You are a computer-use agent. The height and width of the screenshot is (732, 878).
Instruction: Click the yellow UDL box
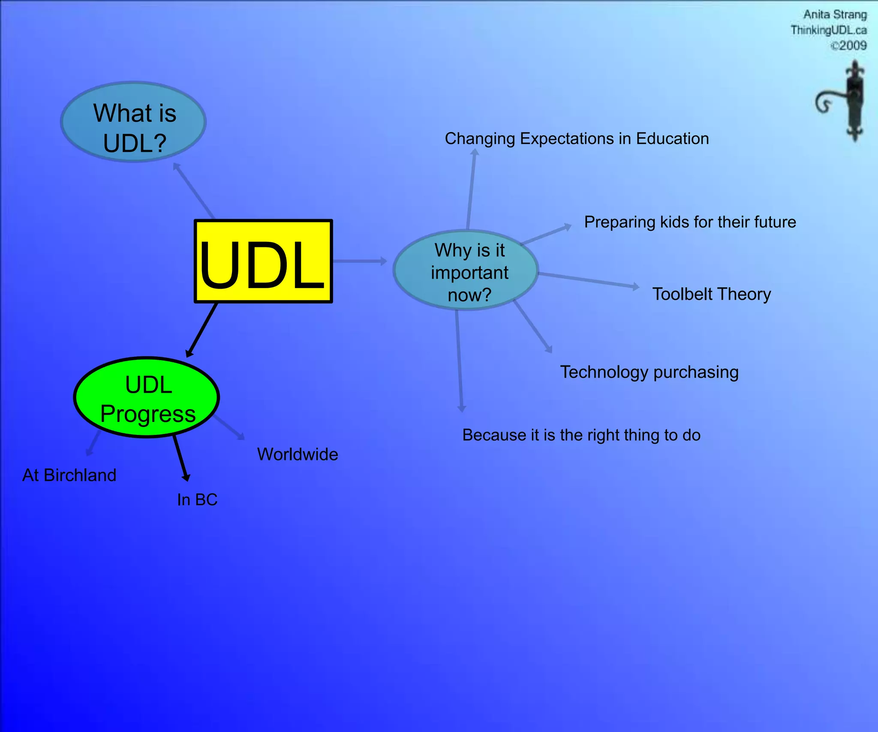pyautogui.click(x=263, y=261)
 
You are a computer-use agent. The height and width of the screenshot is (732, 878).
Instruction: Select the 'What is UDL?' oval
pyautogui.click(x=133, y=122)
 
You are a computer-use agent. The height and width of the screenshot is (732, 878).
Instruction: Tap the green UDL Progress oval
pyautogui.click(x=147, y=398)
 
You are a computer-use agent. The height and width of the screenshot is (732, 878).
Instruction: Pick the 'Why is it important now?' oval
pyautogui.click(x=466, y=271)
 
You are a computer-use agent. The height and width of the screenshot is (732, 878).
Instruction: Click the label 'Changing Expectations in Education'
pyautogui.click(x=577, y=139)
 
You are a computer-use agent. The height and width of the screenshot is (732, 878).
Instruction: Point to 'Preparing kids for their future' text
pyautogui.click(x=690, y=222)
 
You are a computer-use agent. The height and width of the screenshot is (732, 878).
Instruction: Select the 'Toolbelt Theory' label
pyautogui.click(x=711, y=294)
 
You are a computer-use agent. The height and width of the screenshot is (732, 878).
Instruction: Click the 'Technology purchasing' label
pyautogui.click(x=649, y=372)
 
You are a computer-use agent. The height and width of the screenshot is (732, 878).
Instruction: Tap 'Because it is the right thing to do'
pyautogui.click(x=581, y=435)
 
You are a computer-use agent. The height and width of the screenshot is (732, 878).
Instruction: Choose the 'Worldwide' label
pyautogui.click(x=298, y=454)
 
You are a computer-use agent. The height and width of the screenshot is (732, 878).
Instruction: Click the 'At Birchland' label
pyautogui.click(x=69, y=475)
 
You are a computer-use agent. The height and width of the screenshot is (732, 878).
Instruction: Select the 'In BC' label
pyautogui.click(x=197, y=500)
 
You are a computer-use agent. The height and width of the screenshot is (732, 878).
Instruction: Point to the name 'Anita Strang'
pyautogui.click(x=835, y=15)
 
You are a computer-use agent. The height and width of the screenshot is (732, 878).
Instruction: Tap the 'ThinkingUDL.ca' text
pyautogui.click(x=828, y=30)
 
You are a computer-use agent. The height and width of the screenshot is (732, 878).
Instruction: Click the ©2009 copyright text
pyautogui.click(x=848, y=45)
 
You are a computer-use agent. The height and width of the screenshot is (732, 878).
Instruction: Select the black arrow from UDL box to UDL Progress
pyautogui.click(x=202, y=330)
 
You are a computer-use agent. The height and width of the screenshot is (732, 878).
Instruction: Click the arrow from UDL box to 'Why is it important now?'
pyautogui.click(x=359, y=261)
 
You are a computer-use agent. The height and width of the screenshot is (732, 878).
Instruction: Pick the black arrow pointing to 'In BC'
pyautogui.click(x=180, y=457)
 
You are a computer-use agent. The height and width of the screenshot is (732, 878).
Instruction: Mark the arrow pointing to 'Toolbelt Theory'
pyautogui.click(x=588, y=280)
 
